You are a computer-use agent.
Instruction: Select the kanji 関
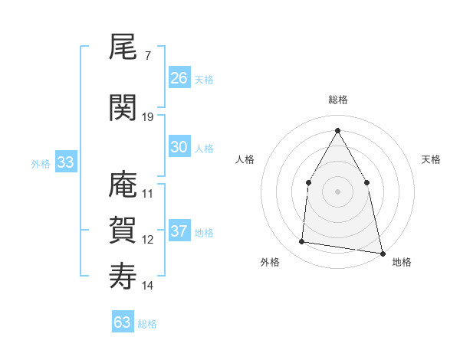click(x=123, y=107)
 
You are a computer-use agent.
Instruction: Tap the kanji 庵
click(x=123, y=185)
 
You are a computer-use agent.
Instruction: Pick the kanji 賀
click(x=123, y=230)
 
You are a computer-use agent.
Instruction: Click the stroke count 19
click(x=148, y=116)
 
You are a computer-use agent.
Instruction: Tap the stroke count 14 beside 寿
click(x=148, y=286)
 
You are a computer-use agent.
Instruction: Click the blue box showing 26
click(x=179, y=77)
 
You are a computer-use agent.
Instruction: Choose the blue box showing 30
click(x=179, y=147)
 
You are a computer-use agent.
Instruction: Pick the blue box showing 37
click(x=179, y=231)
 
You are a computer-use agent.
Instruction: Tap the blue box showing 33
click(x=65, y=162)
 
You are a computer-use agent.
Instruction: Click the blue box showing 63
click(x=122, y=322)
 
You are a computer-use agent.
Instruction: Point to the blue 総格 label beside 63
click(x=147, y=324)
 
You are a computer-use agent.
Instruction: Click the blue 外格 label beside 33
click(x=41, y=163)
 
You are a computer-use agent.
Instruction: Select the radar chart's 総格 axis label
click(x=337, y=100)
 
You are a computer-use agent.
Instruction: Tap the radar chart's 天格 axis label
click(x=431, y=159)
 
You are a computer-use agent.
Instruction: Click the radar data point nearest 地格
click(x=382, y=253)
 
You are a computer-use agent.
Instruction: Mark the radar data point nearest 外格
click(x=301, y=242)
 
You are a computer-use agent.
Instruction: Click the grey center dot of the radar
click(x=337, y=191)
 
